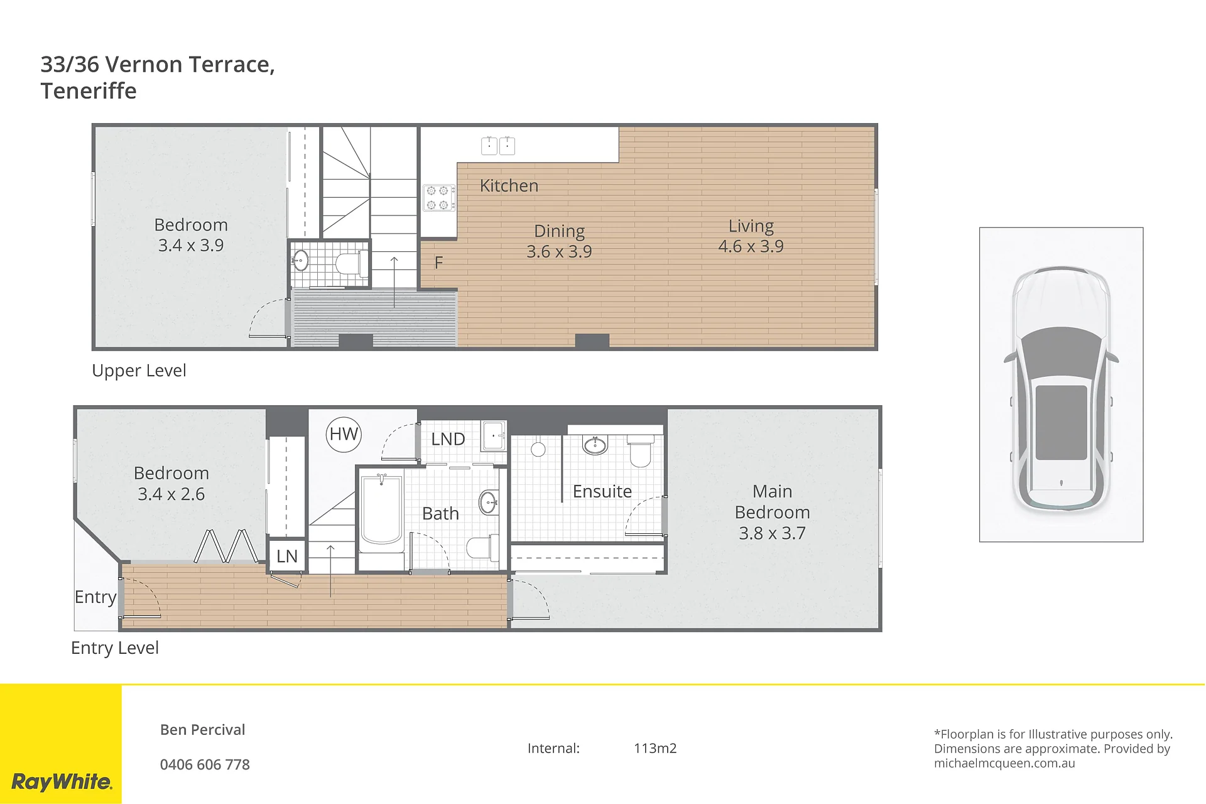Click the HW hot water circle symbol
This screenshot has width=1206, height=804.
[x=344, y=434]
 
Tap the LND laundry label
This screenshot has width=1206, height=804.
[x=448, y=439]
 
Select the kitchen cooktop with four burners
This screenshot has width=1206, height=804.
[x=438, y=197]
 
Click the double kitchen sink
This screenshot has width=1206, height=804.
[x=498, y=146]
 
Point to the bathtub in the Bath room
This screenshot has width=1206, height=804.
[x=381, y=512]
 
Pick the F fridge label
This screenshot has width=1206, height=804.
[x=438, y=263]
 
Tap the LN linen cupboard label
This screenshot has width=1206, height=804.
[x=287, y=556]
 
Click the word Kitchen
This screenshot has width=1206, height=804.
[x=509, y=186]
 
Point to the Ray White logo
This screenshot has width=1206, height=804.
[x=62, y=782]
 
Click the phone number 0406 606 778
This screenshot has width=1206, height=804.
[x=205, y=764]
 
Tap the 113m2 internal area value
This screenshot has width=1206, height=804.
[x=655, y=748]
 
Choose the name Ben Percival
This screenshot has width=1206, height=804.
[x=202, y=730]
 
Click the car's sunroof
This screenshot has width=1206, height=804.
[x=1061, y=423]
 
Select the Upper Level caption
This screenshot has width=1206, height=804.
[x=139, y=371]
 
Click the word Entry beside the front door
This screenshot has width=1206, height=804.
[x=95, y=597]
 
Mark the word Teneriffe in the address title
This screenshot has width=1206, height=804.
[x=89, y=91]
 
